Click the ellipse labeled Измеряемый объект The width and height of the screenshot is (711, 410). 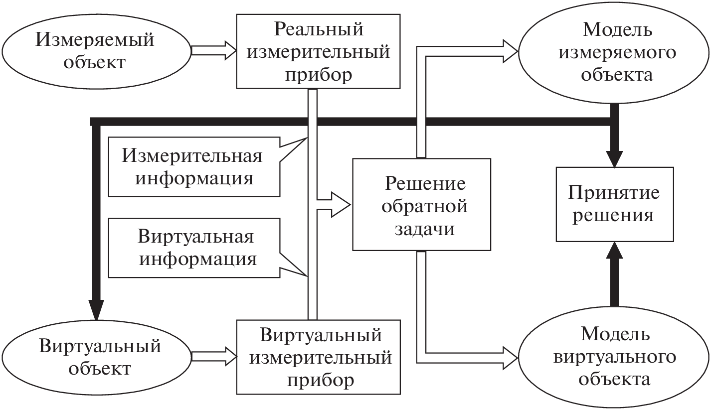pos(95,51)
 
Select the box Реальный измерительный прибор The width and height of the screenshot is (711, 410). pos(318,51)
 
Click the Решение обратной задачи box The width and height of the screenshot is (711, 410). pos(421,204)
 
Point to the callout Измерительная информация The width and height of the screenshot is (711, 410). pos(192,167)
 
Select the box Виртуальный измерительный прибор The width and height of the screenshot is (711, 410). pos(318,356)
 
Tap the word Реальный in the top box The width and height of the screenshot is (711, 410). pos(319,29)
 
